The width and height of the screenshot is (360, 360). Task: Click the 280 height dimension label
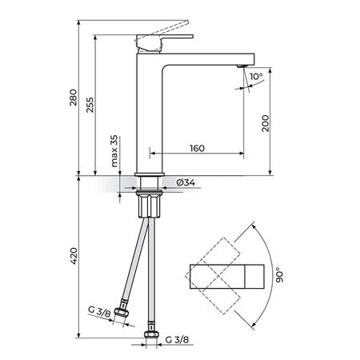pos(74,98)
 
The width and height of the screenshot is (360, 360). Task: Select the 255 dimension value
pos(90,105)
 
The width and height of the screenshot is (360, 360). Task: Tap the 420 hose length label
pos(74,256)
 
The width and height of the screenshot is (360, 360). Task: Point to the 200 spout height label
pos(266,123)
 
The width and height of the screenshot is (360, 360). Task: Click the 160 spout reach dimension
pos(197,148)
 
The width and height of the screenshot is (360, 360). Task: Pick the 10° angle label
pos(256,76)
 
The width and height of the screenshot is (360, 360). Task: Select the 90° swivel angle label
pos(280,275)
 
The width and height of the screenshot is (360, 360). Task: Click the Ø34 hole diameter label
pos(186,182)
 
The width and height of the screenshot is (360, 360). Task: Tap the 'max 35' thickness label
pos(114,151)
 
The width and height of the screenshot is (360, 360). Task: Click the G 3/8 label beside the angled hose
pos(99,311)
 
